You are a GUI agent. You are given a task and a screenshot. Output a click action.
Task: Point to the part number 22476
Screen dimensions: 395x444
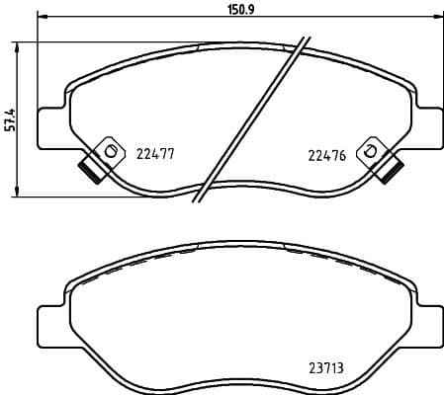[x=325, y=153]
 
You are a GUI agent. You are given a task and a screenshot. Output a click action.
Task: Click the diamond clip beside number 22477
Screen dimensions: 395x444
[x=108, y=151]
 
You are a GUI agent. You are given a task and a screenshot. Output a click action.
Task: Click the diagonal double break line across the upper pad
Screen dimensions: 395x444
[x=252, y=118]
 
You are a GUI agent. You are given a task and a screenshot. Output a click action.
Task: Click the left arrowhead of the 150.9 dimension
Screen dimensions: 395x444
[x=42, y=17]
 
